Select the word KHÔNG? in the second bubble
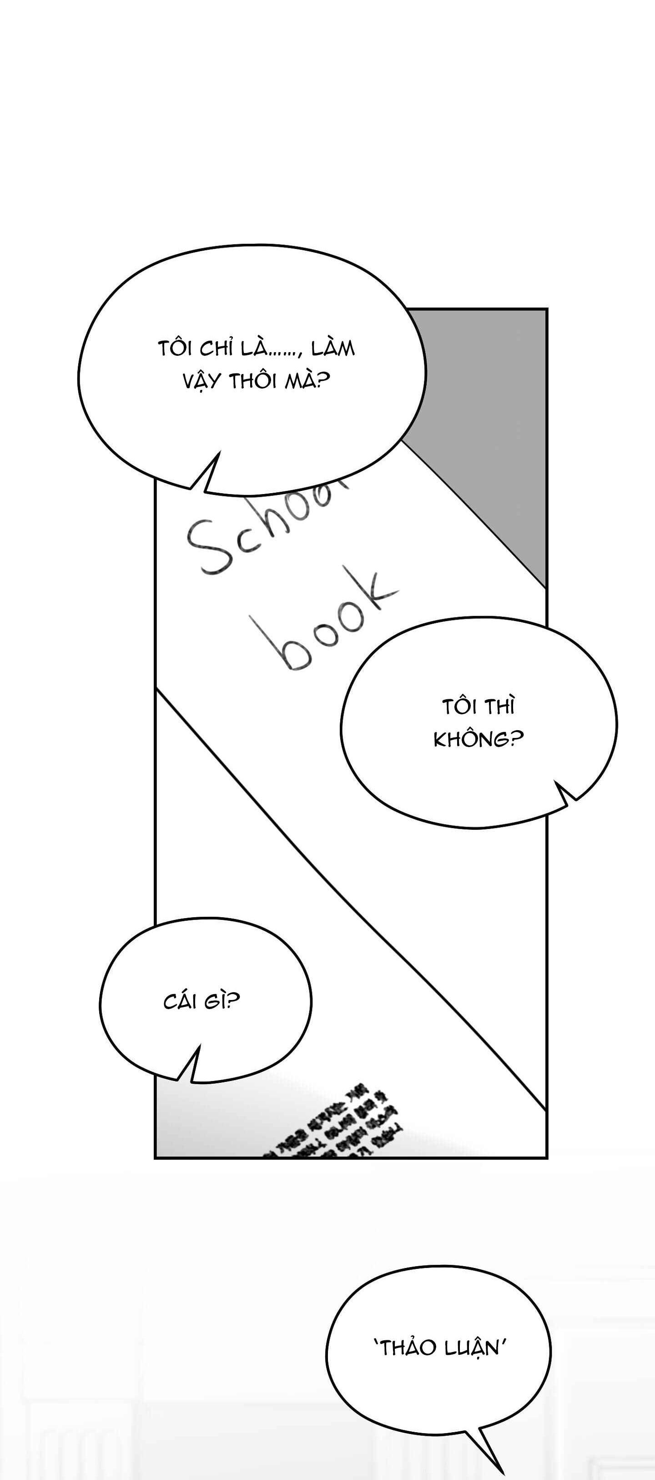click(x=479, y=740)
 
